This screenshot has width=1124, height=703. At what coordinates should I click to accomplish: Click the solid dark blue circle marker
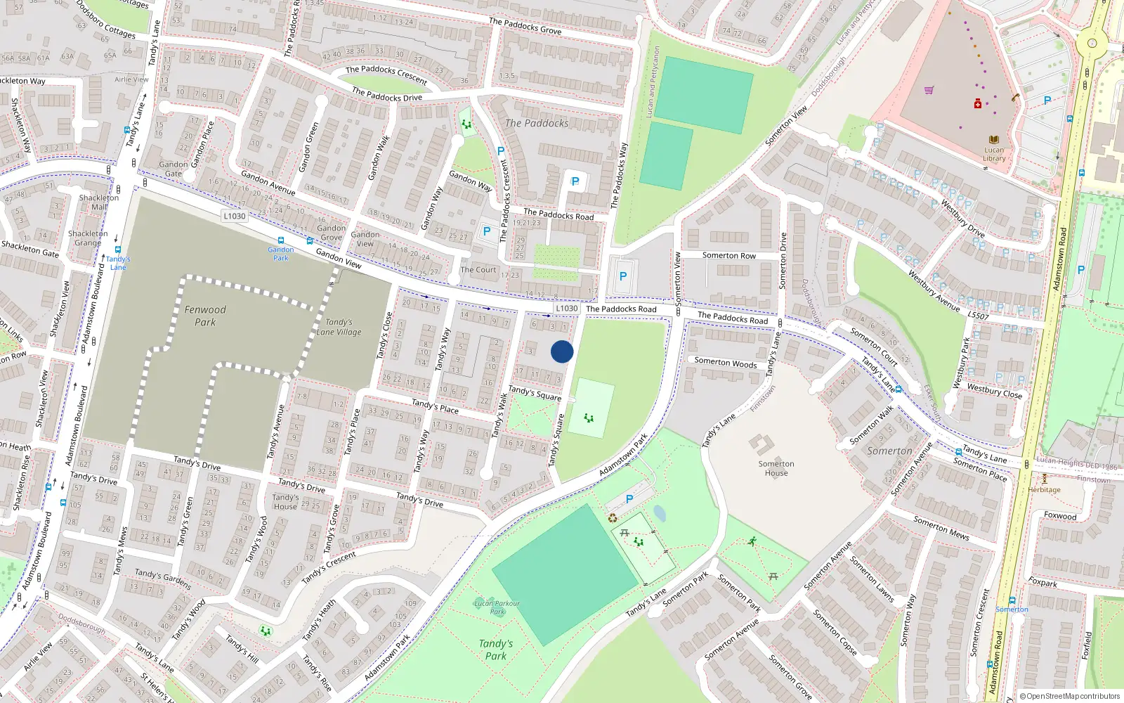coord(562,351)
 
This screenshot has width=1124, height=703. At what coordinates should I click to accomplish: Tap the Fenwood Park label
coord(205,316)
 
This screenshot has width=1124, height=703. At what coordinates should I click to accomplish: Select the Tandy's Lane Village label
coord(339,327)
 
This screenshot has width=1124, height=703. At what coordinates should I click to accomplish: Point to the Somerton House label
coord(776,468)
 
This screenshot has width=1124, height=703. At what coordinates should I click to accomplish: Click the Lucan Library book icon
coord(993,140)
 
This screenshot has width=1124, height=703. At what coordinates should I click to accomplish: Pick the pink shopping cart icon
coord(929,90)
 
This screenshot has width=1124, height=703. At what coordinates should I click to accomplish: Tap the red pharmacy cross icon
coord(977,104)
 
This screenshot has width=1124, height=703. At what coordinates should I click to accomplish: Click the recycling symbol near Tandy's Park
coord(613,518)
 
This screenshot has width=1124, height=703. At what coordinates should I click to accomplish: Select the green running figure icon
coord(752,541)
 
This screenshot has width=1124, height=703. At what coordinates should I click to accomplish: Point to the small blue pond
coord(659,513)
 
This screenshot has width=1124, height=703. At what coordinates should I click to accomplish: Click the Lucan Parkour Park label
coord(497,607)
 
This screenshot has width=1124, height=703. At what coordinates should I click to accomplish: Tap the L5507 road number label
coord(978,316)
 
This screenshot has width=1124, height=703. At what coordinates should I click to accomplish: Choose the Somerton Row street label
coord(729,256)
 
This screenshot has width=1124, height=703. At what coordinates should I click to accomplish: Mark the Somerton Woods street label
coord(726,363)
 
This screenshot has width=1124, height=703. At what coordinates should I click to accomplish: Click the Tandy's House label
coord(285,502)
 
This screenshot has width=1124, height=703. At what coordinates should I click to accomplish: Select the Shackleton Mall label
coord(99,202)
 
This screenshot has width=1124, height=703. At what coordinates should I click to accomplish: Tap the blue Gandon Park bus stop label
coord(281,254)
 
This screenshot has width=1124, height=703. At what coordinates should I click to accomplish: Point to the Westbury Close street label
coord(994,390)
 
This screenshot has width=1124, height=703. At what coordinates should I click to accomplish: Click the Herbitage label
coord(1045,490)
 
